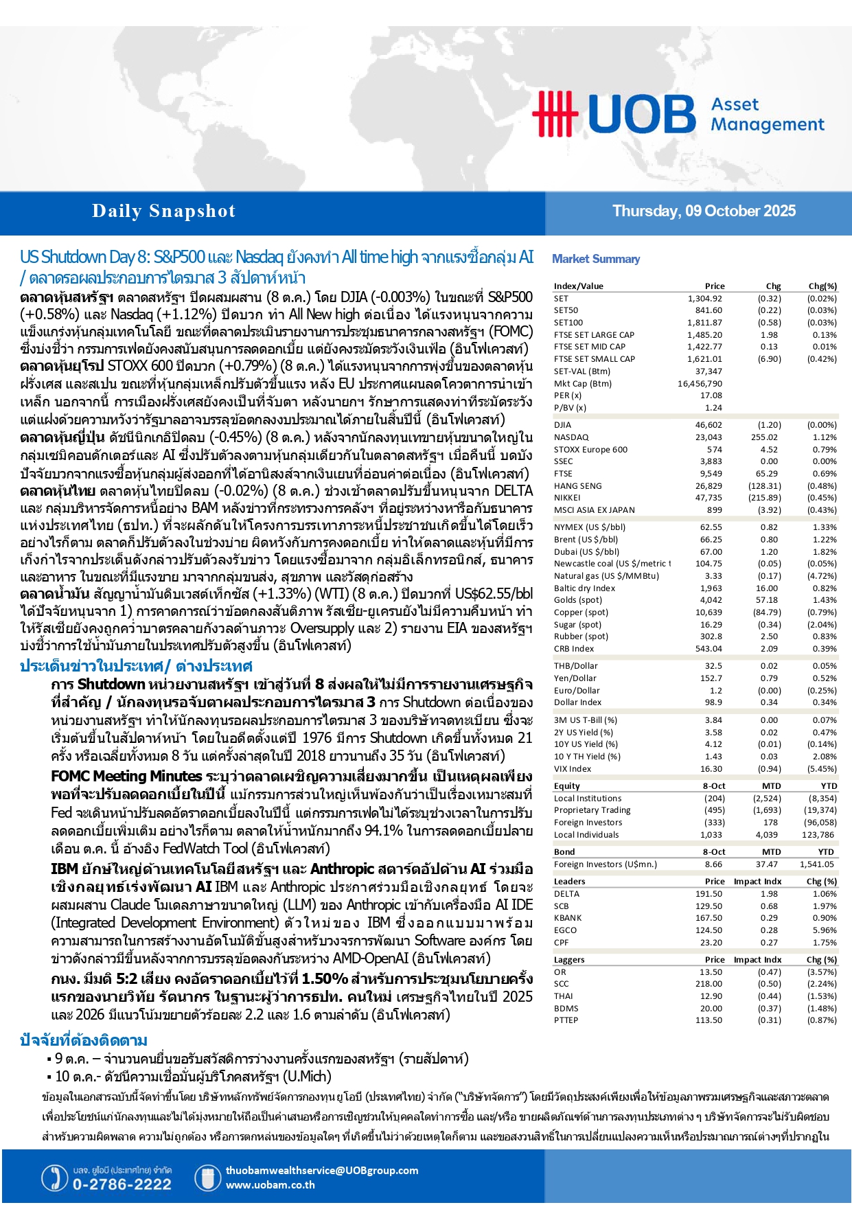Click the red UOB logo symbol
[x=554, y=113]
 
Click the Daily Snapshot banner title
[x=163, y=211]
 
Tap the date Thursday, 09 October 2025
[x=704, y=211]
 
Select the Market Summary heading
[x=595, y=259]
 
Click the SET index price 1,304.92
[x=704, y=299]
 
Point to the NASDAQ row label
[x=571, y=437]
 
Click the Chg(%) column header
[x=822, y=286]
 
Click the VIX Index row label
[x=573, y=769]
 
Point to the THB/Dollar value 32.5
[x=713, y=666]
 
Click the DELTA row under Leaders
[x=566, y=894]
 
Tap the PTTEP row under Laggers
[x=566, y=1020]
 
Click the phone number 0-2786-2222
[x=122, y=1184]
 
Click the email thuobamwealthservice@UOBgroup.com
[x=321, y=1171]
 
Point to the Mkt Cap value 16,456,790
[x=700, y=384]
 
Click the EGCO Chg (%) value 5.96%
[x=824, y=930]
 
